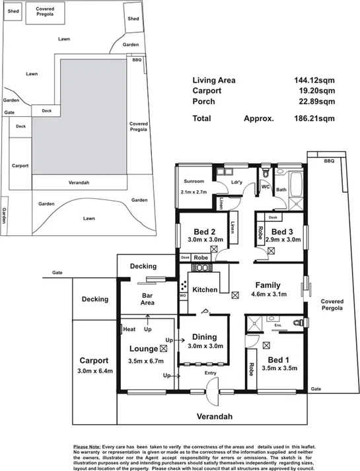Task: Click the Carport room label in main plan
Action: (96, 361)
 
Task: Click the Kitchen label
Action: (205, 290)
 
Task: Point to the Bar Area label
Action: (147, 299)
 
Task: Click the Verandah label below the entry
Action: (215, 417)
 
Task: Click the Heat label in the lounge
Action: (129, 328)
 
